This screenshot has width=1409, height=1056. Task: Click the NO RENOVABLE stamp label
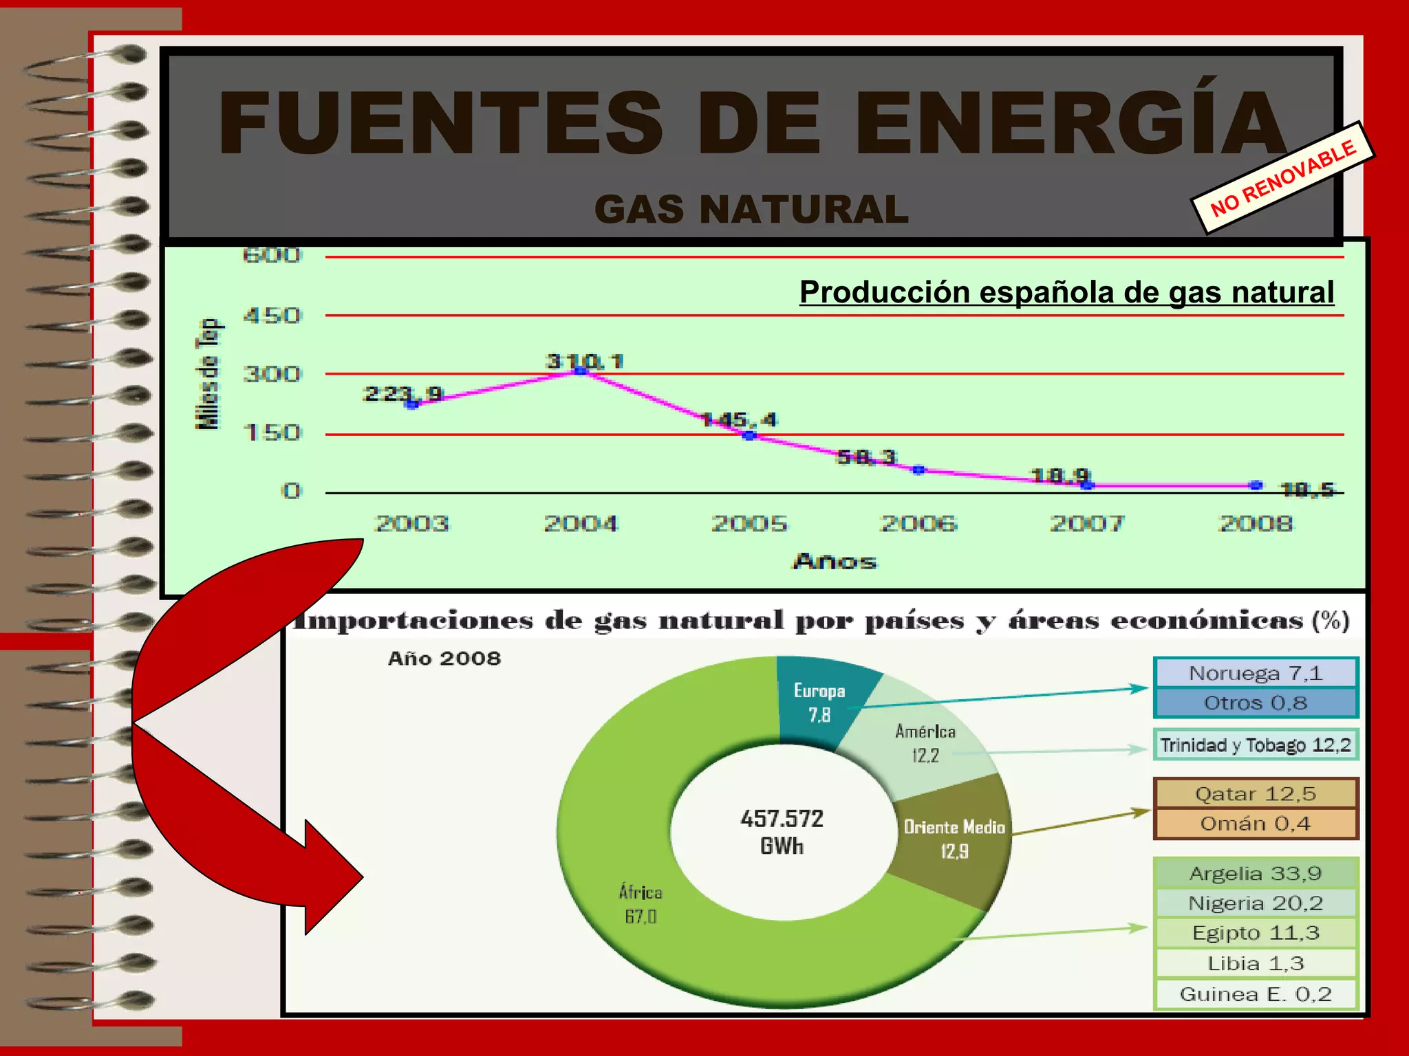(x=1282, y=178)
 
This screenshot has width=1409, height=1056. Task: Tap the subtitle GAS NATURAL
(x=751, y=209)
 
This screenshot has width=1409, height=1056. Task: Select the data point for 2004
(x=581, y=371)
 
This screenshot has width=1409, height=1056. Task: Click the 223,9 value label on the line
(x=402, y=393)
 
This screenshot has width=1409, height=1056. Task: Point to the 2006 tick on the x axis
(x=918, y=524)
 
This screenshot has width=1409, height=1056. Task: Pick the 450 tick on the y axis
(x=272, y=316)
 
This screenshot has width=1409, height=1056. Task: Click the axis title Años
(x=835, y=561)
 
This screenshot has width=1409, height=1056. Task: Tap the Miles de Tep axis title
(x=208, y=374)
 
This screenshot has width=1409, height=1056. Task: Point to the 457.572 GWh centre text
(x=782, y=832)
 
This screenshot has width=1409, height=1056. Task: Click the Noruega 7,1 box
(x=1256, y=673)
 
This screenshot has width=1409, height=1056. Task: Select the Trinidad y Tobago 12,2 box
(x=1256, y=745)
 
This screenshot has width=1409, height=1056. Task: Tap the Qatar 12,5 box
(x=1256, y=794)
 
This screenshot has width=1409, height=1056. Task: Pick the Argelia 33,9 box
(x=1256, y=873)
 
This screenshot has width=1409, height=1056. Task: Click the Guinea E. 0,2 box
(x=1256, y=994)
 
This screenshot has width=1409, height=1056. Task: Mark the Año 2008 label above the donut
(x=444, y=659)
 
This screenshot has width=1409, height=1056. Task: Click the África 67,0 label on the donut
(x=641, y=904)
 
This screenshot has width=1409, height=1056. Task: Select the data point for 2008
(x=1256, y=485)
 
